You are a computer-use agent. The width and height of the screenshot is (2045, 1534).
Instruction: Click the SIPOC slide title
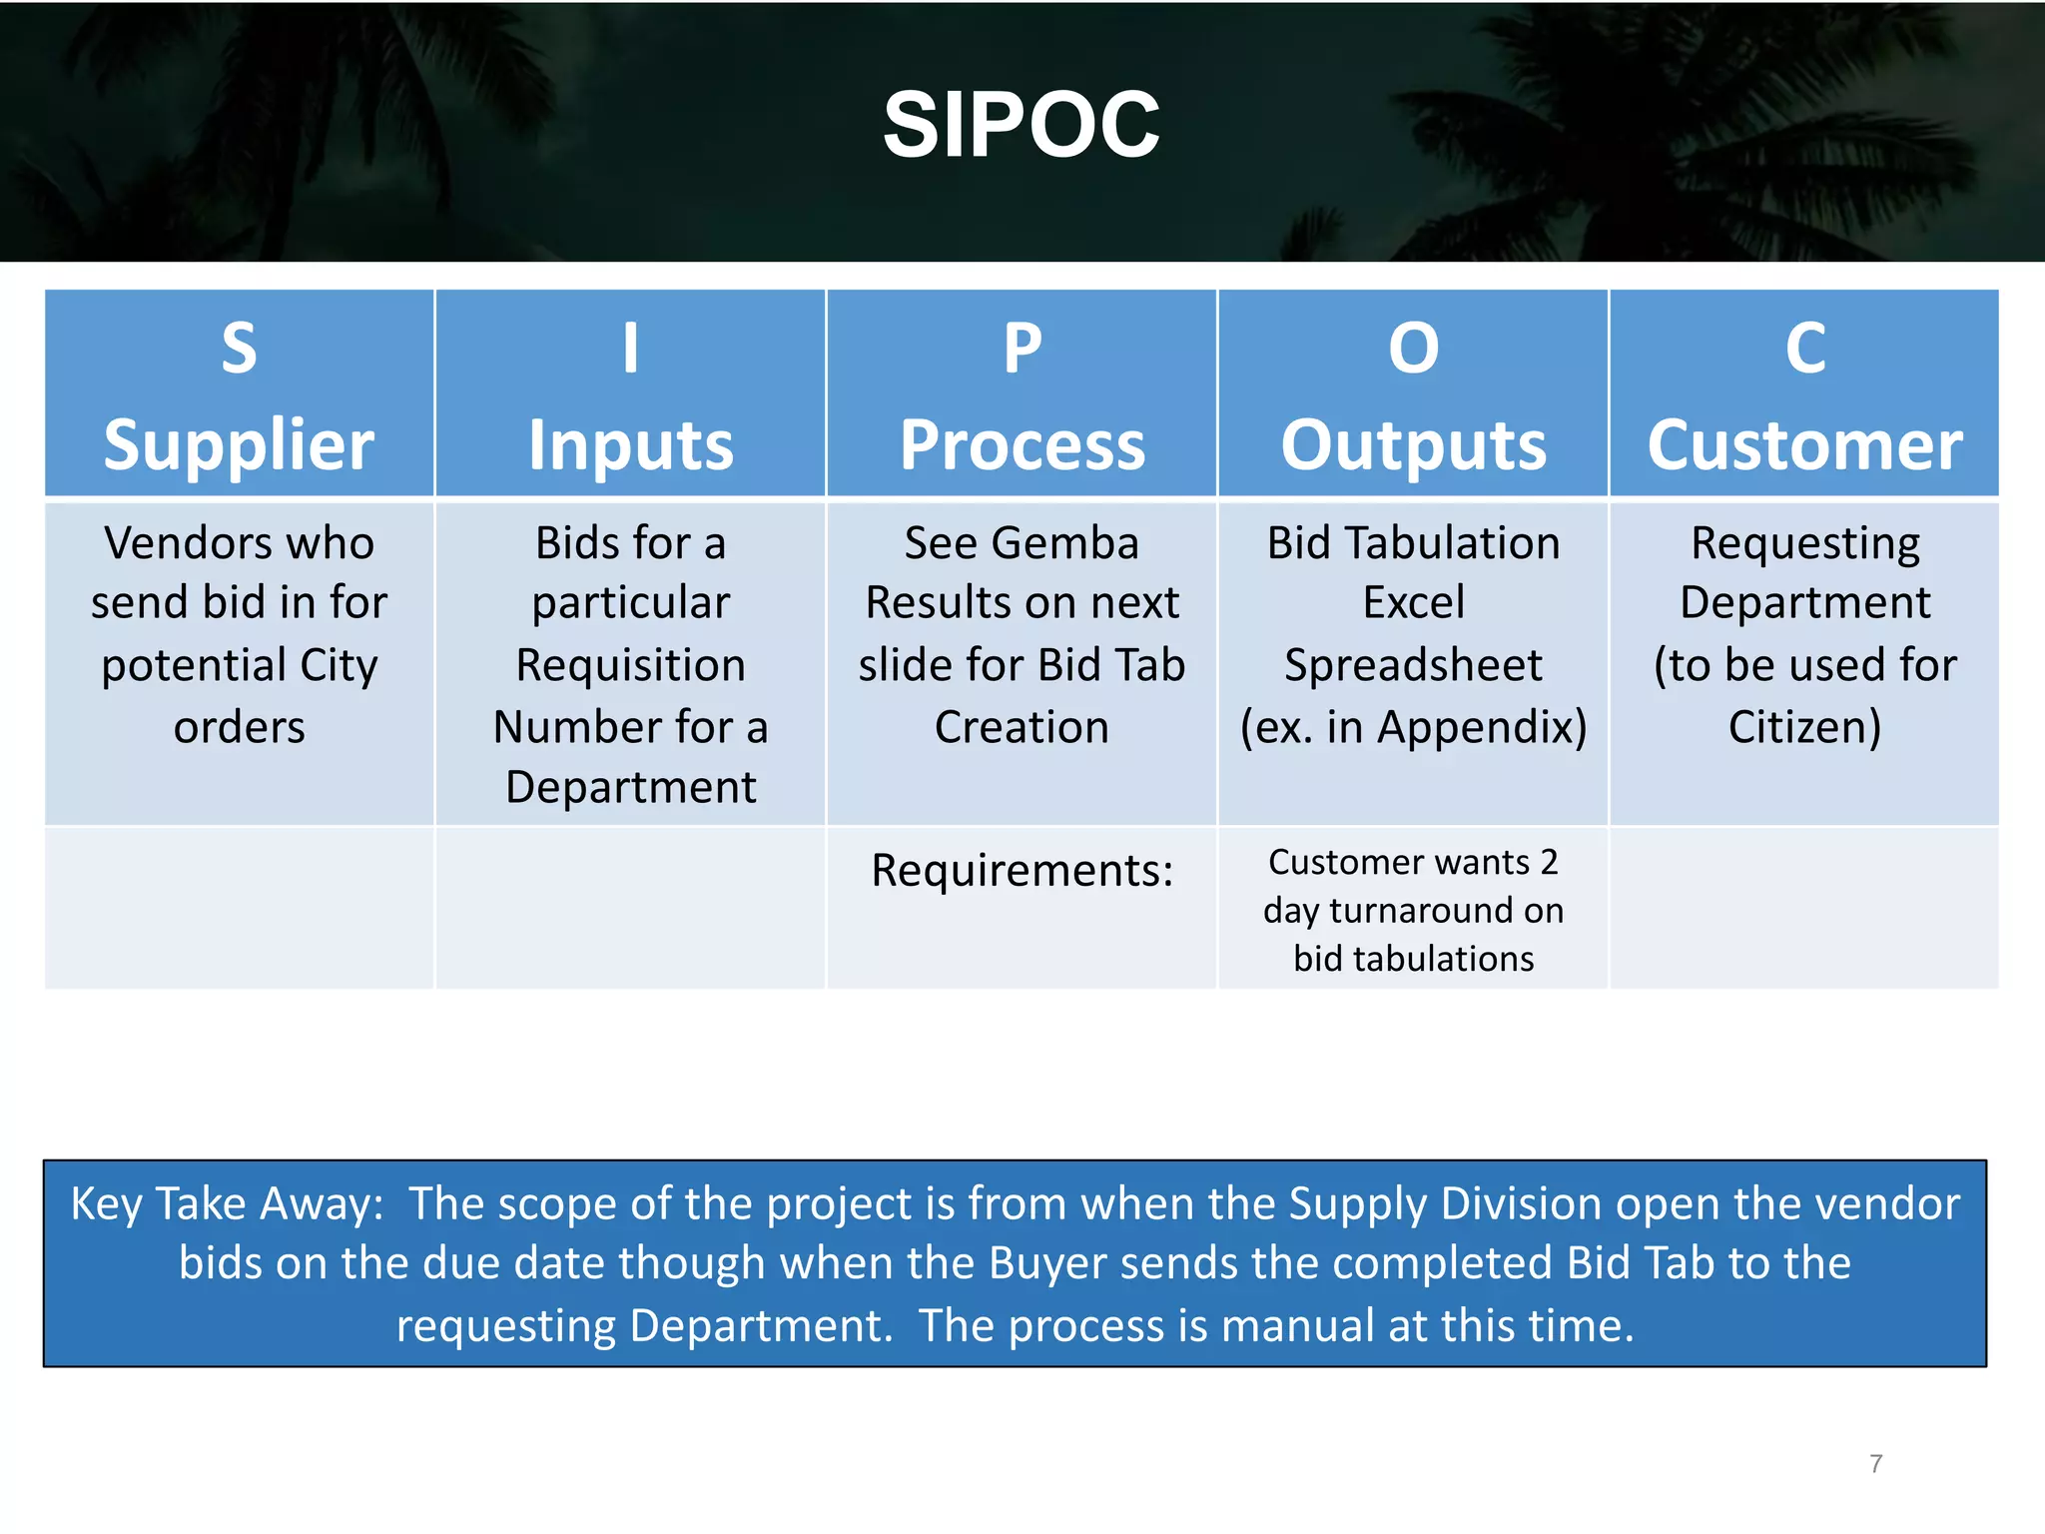click(1021, 125)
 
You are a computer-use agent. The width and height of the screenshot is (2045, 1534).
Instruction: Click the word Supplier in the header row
click(239, 444)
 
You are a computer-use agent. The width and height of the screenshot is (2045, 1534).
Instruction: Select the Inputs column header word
click(630, 444)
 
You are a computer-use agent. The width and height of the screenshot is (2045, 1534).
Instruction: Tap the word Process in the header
click(1022, 444)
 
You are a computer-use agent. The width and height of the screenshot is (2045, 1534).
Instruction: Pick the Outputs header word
click(1413, 444)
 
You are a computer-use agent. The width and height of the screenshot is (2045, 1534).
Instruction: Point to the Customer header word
click(1804, 444)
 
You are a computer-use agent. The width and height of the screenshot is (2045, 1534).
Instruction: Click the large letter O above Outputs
click(1413, 349)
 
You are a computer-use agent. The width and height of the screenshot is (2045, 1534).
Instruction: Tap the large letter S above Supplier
click(239, 349)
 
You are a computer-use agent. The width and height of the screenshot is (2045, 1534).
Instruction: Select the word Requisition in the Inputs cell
click(630, 665)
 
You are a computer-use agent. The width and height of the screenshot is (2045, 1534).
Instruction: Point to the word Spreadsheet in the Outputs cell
click(1413, 665)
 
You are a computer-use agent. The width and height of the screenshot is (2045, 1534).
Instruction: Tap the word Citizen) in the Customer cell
click(1804, 727)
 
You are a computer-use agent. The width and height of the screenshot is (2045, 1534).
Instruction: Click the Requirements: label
click(1022, 870)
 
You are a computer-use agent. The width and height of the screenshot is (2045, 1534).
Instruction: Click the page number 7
click(1875, 1463)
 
